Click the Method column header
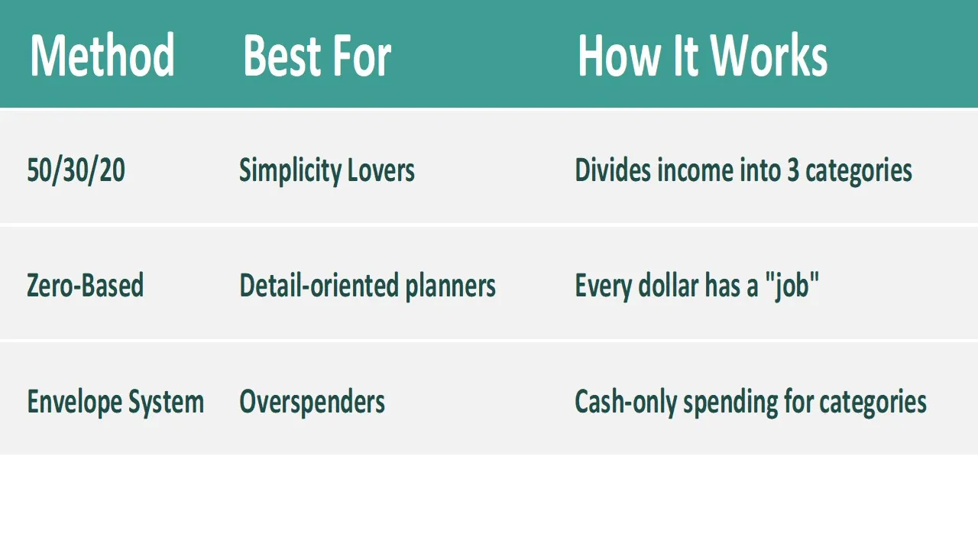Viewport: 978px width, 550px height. coord(102,56)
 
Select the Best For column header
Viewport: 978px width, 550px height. coord(317,56)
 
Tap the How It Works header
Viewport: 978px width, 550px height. coord(702,56)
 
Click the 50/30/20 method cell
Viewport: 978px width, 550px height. coord(76,170)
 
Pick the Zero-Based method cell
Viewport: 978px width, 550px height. coord(85,286)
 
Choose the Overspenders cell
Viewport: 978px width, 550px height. coord(313,402)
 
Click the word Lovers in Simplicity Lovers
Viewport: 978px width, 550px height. coord(381,170)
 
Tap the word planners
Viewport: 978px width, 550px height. coord(451,286)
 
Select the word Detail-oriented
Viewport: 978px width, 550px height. coord(319,286)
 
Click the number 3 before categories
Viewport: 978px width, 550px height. coord(793,170)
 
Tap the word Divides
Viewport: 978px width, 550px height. coord(613,170)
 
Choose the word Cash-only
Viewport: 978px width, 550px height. coord(626,403)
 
